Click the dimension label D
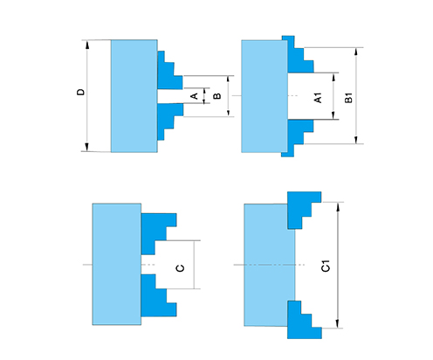click(80, 92)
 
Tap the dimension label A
click(195, 96)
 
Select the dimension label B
click(217, 96)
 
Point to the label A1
click(319, 98)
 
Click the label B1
click(348, 98)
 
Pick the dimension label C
click(181, 268)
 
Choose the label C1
click(326, 266)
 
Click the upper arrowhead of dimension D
click(86, 45)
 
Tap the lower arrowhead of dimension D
click(86, 147)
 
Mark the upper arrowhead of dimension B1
click(356, 52)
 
